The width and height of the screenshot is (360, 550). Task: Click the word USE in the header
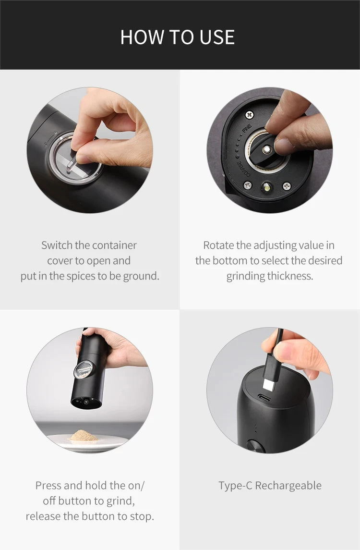216,37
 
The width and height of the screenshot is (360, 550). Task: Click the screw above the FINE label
249,115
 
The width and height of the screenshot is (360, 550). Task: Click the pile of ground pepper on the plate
84,436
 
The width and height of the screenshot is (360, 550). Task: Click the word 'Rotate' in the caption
218,245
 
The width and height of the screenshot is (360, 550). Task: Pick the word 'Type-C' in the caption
235,486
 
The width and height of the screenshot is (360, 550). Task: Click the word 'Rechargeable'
288,486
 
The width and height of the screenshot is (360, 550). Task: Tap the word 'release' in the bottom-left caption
43,516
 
